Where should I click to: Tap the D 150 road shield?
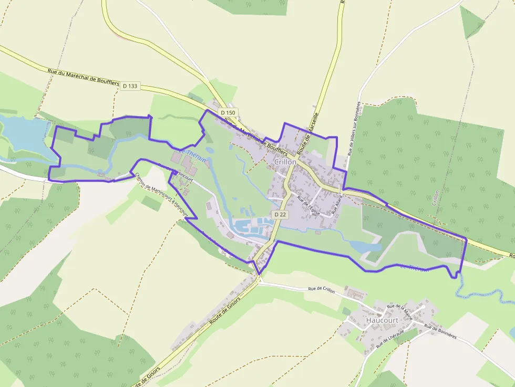[228, 112]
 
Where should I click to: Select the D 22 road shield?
[280, 214]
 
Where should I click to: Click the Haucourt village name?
[382, 320]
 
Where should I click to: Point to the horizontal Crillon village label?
[285, 162]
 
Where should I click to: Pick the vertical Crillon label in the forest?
[435, 198]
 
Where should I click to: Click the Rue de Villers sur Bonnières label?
[354, 129]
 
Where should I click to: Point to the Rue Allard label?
[336, 205]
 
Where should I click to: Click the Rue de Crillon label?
[322, 289]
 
